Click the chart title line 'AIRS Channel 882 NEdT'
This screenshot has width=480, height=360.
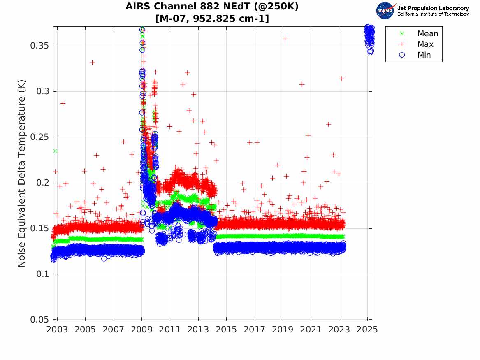pyautogui.click(x=212, y=7)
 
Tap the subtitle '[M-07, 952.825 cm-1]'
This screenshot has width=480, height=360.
pyautogui.click(x=212, y=19)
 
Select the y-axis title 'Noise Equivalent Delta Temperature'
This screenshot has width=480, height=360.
pyautogui.click(x=22, y=174)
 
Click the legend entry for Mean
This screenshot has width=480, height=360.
pyautogui.click(x=427, y=34)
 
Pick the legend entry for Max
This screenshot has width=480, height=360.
pyautogui.click(x=425, y=44)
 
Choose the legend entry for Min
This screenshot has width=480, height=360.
pyautogui.click(x=424, y=55)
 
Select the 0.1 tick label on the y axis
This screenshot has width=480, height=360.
pyautogui.click(x=42, y=274)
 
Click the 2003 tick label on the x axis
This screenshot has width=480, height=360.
pyautogui.click(x=57, y=330)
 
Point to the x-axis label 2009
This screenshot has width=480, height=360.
pyautogui.click(x=141, y=330)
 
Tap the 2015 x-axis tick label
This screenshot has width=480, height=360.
pyautogui.click(x=226, y=330)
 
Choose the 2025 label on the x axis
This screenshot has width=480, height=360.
pyautogui.click(x=367, y=330)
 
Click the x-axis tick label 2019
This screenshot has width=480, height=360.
pyautogui.click(x=283, y=330)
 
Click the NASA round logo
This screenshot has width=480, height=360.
pyautogui.click(x=385, y=11)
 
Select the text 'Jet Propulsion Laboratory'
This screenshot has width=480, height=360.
pyautogui.click(x=433, y=8)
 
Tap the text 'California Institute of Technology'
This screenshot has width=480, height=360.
pyautogui.click(x=433, y=14)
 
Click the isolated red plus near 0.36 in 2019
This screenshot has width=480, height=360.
pyautogui.click(x=285, y=39)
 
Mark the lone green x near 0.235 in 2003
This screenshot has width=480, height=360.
pyautogui.click(x=55, y=151)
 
